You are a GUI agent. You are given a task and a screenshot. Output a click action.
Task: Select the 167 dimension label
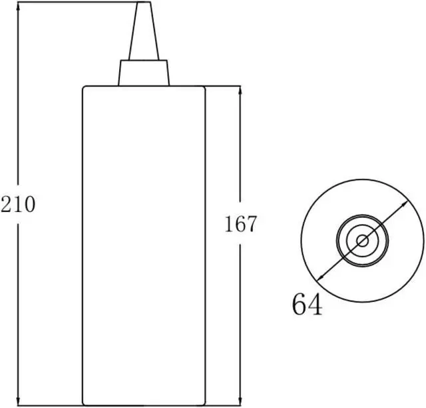[240, 225]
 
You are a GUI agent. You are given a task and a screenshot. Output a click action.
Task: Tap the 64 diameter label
[307, 305]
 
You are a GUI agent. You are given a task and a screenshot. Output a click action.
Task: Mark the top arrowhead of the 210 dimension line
[18, 5]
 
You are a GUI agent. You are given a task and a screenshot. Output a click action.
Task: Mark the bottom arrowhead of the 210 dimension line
[18, 401]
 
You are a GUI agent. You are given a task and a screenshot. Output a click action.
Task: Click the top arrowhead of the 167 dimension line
[240, 90]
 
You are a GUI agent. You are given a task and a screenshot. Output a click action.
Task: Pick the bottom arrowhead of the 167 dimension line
[240, 401]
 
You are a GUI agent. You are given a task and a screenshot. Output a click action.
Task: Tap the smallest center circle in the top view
[362, 241]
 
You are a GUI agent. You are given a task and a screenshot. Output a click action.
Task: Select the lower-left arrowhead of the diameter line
[320, 278]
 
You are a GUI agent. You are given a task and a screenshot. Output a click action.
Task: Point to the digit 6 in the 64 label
[299, 305]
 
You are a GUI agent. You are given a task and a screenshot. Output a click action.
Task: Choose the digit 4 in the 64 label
[315, 305]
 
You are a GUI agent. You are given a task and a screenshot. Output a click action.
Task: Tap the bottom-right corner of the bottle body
[204, 403]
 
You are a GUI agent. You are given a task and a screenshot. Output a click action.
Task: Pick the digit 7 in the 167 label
[250, 225]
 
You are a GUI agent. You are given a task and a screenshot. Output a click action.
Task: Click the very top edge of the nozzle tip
[144, 3]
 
